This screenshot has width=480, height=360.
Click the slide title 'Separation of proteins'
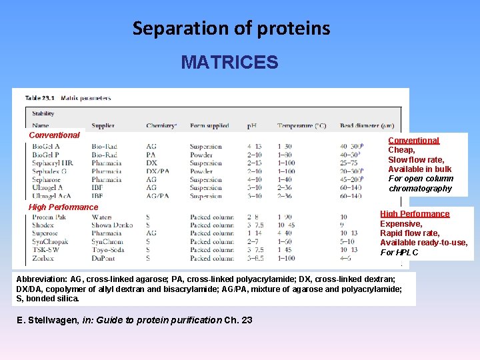(231, 29)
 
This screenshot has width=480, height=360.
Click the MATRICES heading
(229, 63)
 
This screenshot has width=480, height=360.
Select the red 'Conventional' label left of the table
(54, 135)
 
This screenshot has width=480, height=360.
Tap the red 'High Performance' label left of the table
(63, 207)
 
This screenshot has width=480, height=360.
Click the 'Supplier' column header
(103, 125)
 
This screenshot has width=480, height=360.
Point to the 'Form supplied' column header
(209, 125)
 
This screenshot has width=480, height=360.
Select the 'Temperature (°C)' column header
(302, 125)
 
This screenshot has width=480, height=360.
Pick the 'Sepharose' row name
(47, 179)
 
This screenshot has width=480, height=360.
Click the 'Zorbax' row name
(43, 258)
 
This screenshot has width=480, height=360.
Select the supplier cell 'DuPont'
(103, 258)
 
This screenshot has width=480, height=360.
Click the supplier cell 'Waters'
(101, 217)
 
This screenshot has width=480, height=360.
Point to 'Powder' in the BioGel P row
(201, 155)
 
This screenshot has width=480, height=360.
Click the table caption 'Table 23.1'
(41, 98)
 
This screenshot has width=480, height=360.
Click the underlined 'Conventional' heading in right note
(414, 141)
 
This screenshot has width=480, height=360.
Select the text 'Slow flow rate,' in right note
(416, 160)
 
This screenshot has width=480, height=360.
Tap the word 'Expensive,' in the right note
(401, 224)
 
